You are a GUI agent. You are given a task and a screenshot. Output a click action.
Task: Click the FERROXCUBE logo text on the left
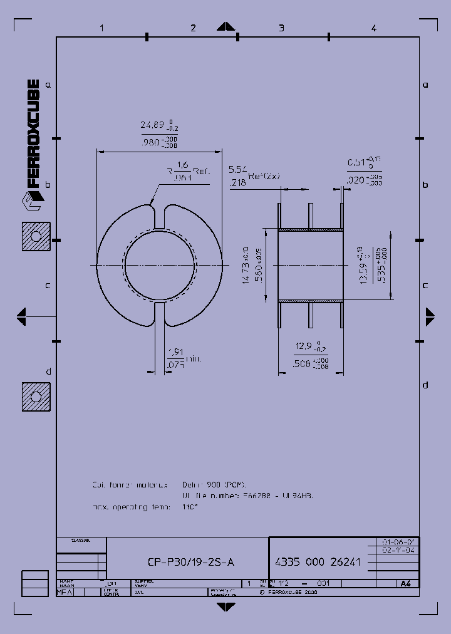(x=33, y=134)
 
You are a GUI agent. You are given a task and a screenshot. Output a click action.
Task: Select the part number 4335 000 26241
(x=318, y=562)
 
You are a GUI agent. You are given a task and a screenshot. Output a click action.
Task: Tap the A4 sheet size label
(x=406, y=583)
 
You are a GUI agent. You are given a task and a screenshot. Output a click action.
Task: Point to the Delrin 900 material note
(x=214, y=484)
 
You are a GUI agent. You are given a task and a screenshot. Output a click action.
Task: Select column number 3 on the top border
(x=281, y=28)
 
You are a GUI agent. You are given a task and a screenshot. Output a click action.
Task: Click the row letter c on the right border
(x=425, y=285)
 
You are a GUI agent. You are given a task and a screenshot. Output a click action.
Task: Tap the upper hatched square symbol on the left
(x=36, y=237)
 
